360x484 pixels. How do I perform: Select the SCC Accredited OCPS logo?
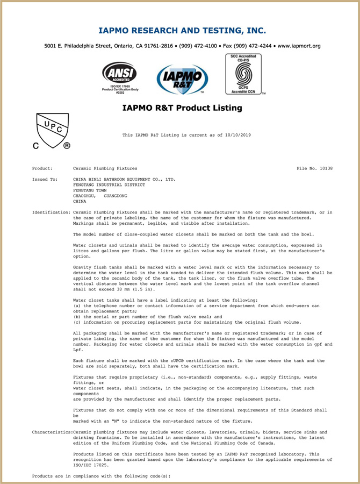(x=243, y=74)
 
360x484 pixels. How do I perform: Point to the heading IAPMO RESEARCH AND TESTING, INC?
(x=182, y=30)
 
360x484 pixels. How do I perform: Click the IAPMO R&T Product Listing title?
(x=182, y=108)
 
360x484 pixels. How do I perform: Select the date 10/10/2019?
(x=239, y=135)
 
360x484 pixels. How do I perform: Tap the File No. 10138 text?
(x=315, y=168)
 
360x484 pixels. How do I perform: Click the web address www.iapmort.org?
(x=299, y=46)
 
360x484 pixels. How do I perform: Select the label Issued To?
(x=45, y=179)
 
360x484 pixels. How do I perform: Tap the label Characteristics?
(x=52, y=432)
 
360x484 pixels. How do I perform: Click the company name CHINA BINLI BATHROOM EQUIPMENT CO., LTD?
(x=124, y=179)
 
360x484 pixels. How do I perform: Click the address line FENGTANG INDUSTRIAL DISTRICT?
(x=109, y=184)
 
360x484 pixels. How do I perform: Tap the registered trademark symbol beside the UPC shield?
(x=67, y=145)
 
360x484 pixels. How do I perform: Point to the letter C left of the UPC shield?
(x=37, y=145)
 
